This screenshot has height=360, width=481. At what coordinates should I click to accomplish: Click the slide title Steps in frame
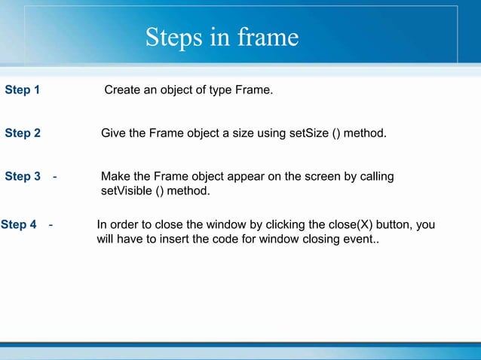tap(222, 37)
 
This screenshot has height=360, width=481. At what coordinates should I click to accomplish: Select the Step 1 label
tap(23, 90)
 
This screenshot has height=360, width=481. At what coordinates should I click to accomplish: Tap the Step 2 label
tap(23, 133)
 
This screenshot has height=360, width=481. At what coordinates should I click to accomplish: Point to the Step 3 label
tap(23, 176)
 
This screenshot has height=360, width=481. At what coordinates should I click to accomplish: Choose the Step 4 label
tap(19, 224)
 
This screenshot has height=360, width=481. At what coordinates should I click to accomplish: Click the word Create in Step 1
tap(122, 90)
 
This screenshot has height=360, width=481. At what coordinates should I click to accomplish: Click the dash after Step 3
tap(55, 176)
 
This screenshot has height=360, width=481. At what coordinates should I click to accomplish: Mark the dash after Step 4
tap(50, 224)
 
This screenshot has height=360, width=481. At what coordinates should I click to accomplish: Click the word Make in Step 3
tap(115, 176)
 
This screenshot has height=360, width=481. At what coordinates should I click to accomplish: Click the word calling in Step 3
tap(374, 176)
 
